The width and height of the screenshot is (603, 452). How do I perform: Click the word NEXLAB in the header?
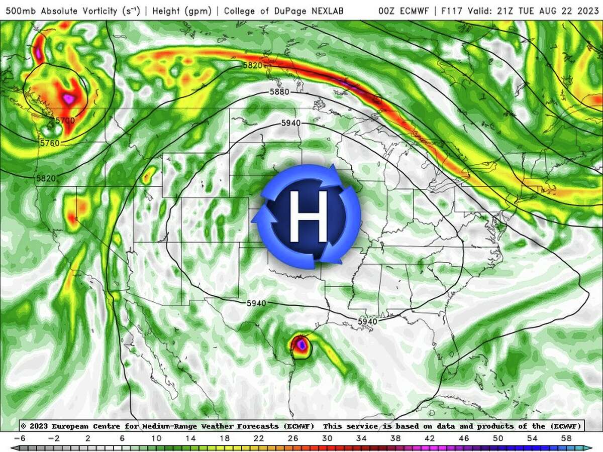click(x=325, y=11)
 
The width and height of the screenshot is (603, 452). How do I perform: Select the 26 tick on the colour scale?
click(x=293, y=438)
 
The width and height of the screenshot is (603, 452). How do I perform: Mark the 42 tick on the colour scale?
click(x=430, y=438)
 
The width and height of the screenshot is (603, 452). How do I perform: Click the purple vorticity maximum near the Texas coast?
click(x=300, y=346)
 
